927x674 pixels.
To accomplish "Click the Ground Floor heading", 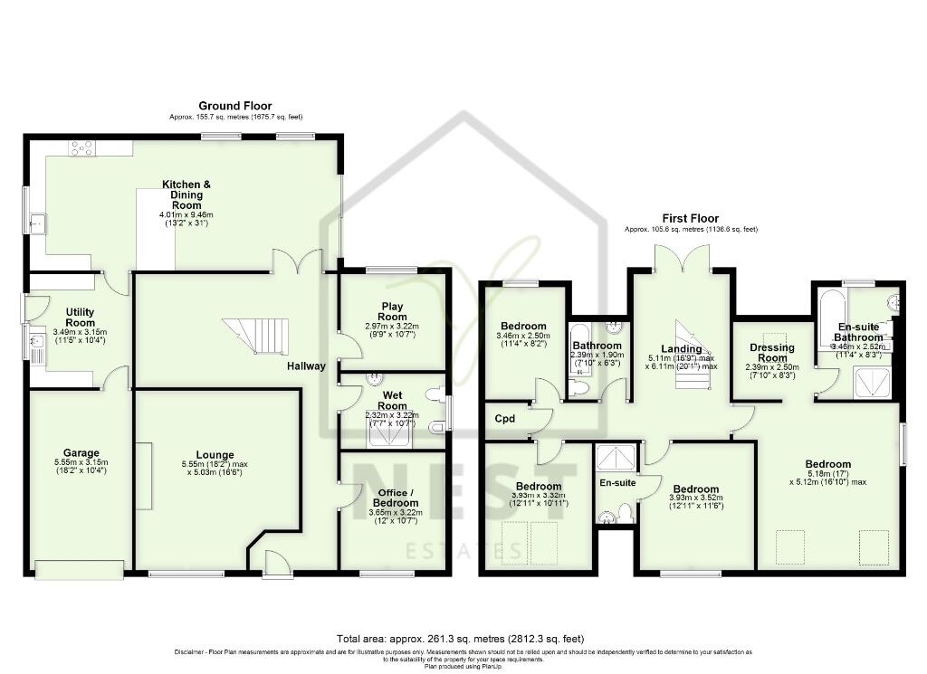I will tap(234, 106).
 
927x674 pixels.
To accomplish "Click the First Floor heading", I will tap(691, 219).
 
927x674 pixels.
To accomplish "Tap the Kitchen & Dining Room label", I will tap(186, 195).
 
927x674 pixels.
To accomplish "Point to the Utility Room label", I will tap(80, 317).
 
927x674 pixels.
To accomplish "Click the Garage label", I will tap(81, 453).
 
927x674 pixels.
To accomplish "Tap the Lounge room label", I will tap(215, 455).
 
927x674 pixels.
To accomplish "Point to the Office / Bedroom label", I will tap(394, 497).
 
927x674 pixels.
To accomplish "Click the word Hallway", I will tap(307, 366).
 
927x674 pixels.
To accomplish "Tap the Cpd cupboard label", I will tap(503, 420).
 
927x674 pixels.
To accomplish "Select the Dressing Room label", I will tap(772, 352).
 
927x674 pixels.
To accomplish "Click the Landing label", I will tap(681, 349).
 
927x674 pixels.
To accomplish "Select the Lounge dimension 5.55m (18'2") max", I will tap(215, 464).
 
